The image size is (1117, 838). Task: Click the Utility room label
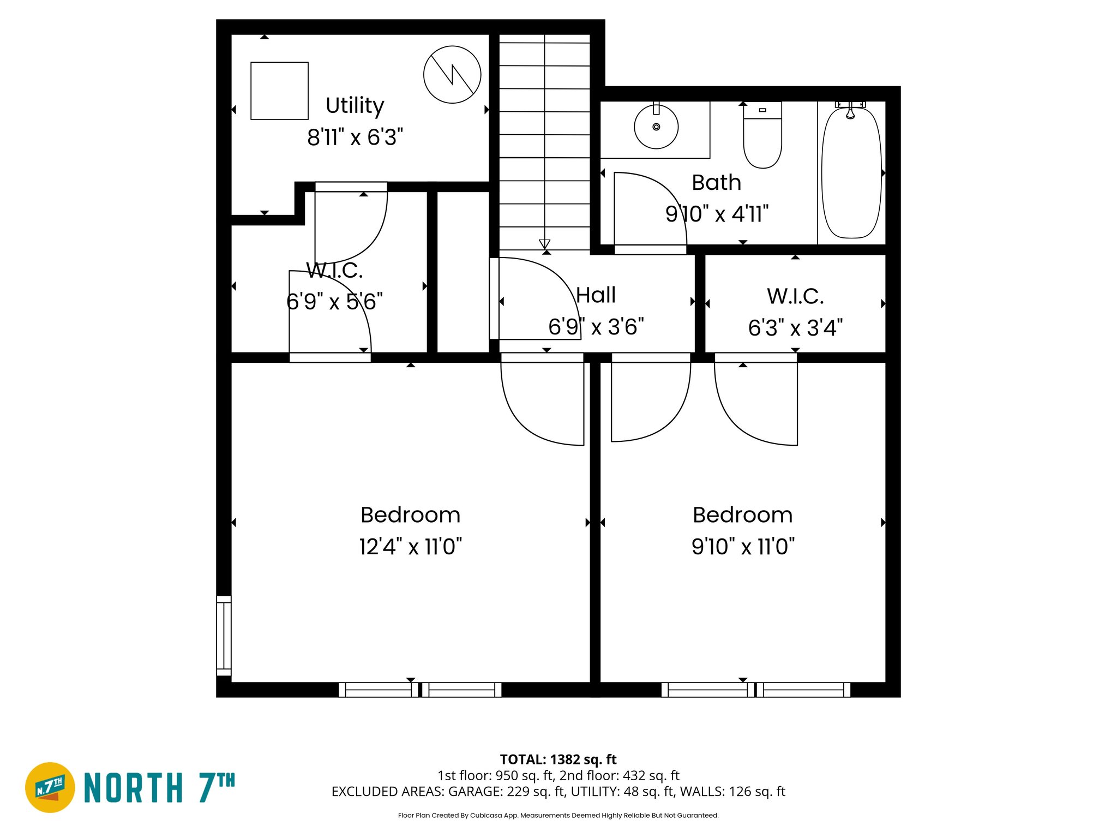point(355,105)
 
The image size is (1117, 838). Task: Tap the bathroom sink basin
point(656,127)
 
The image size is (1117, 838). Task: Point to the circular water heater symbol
point(452,74)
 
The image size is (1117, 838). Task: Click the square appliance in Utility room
point(279,91)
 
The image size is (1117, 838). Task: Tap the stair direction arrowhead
point(544,244)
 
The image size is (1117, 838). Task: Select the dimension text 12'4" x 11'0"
point(410,546)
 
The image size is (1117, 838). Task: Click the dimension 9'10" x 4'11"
point(717,214)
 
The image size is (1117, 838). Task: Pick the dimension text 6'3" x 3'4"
point(795,328)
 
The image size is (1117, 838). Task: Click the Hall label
point(596,295)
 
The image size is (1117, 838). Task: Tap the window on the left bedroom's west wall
point(224,636)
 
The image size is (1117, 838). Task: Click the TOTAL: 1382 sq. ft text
point(558,759)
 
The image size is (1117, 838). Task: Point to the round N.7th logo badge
point(50,787)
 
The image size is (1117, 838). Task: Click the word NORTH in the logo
point(134,788)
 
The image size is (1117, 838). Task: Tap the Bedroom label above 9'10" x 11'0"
point(742,515)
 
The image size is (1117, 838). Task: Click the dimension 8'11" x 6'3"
point(355,137)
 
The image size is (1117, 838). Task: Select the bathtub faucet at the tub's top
point(850,111)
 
